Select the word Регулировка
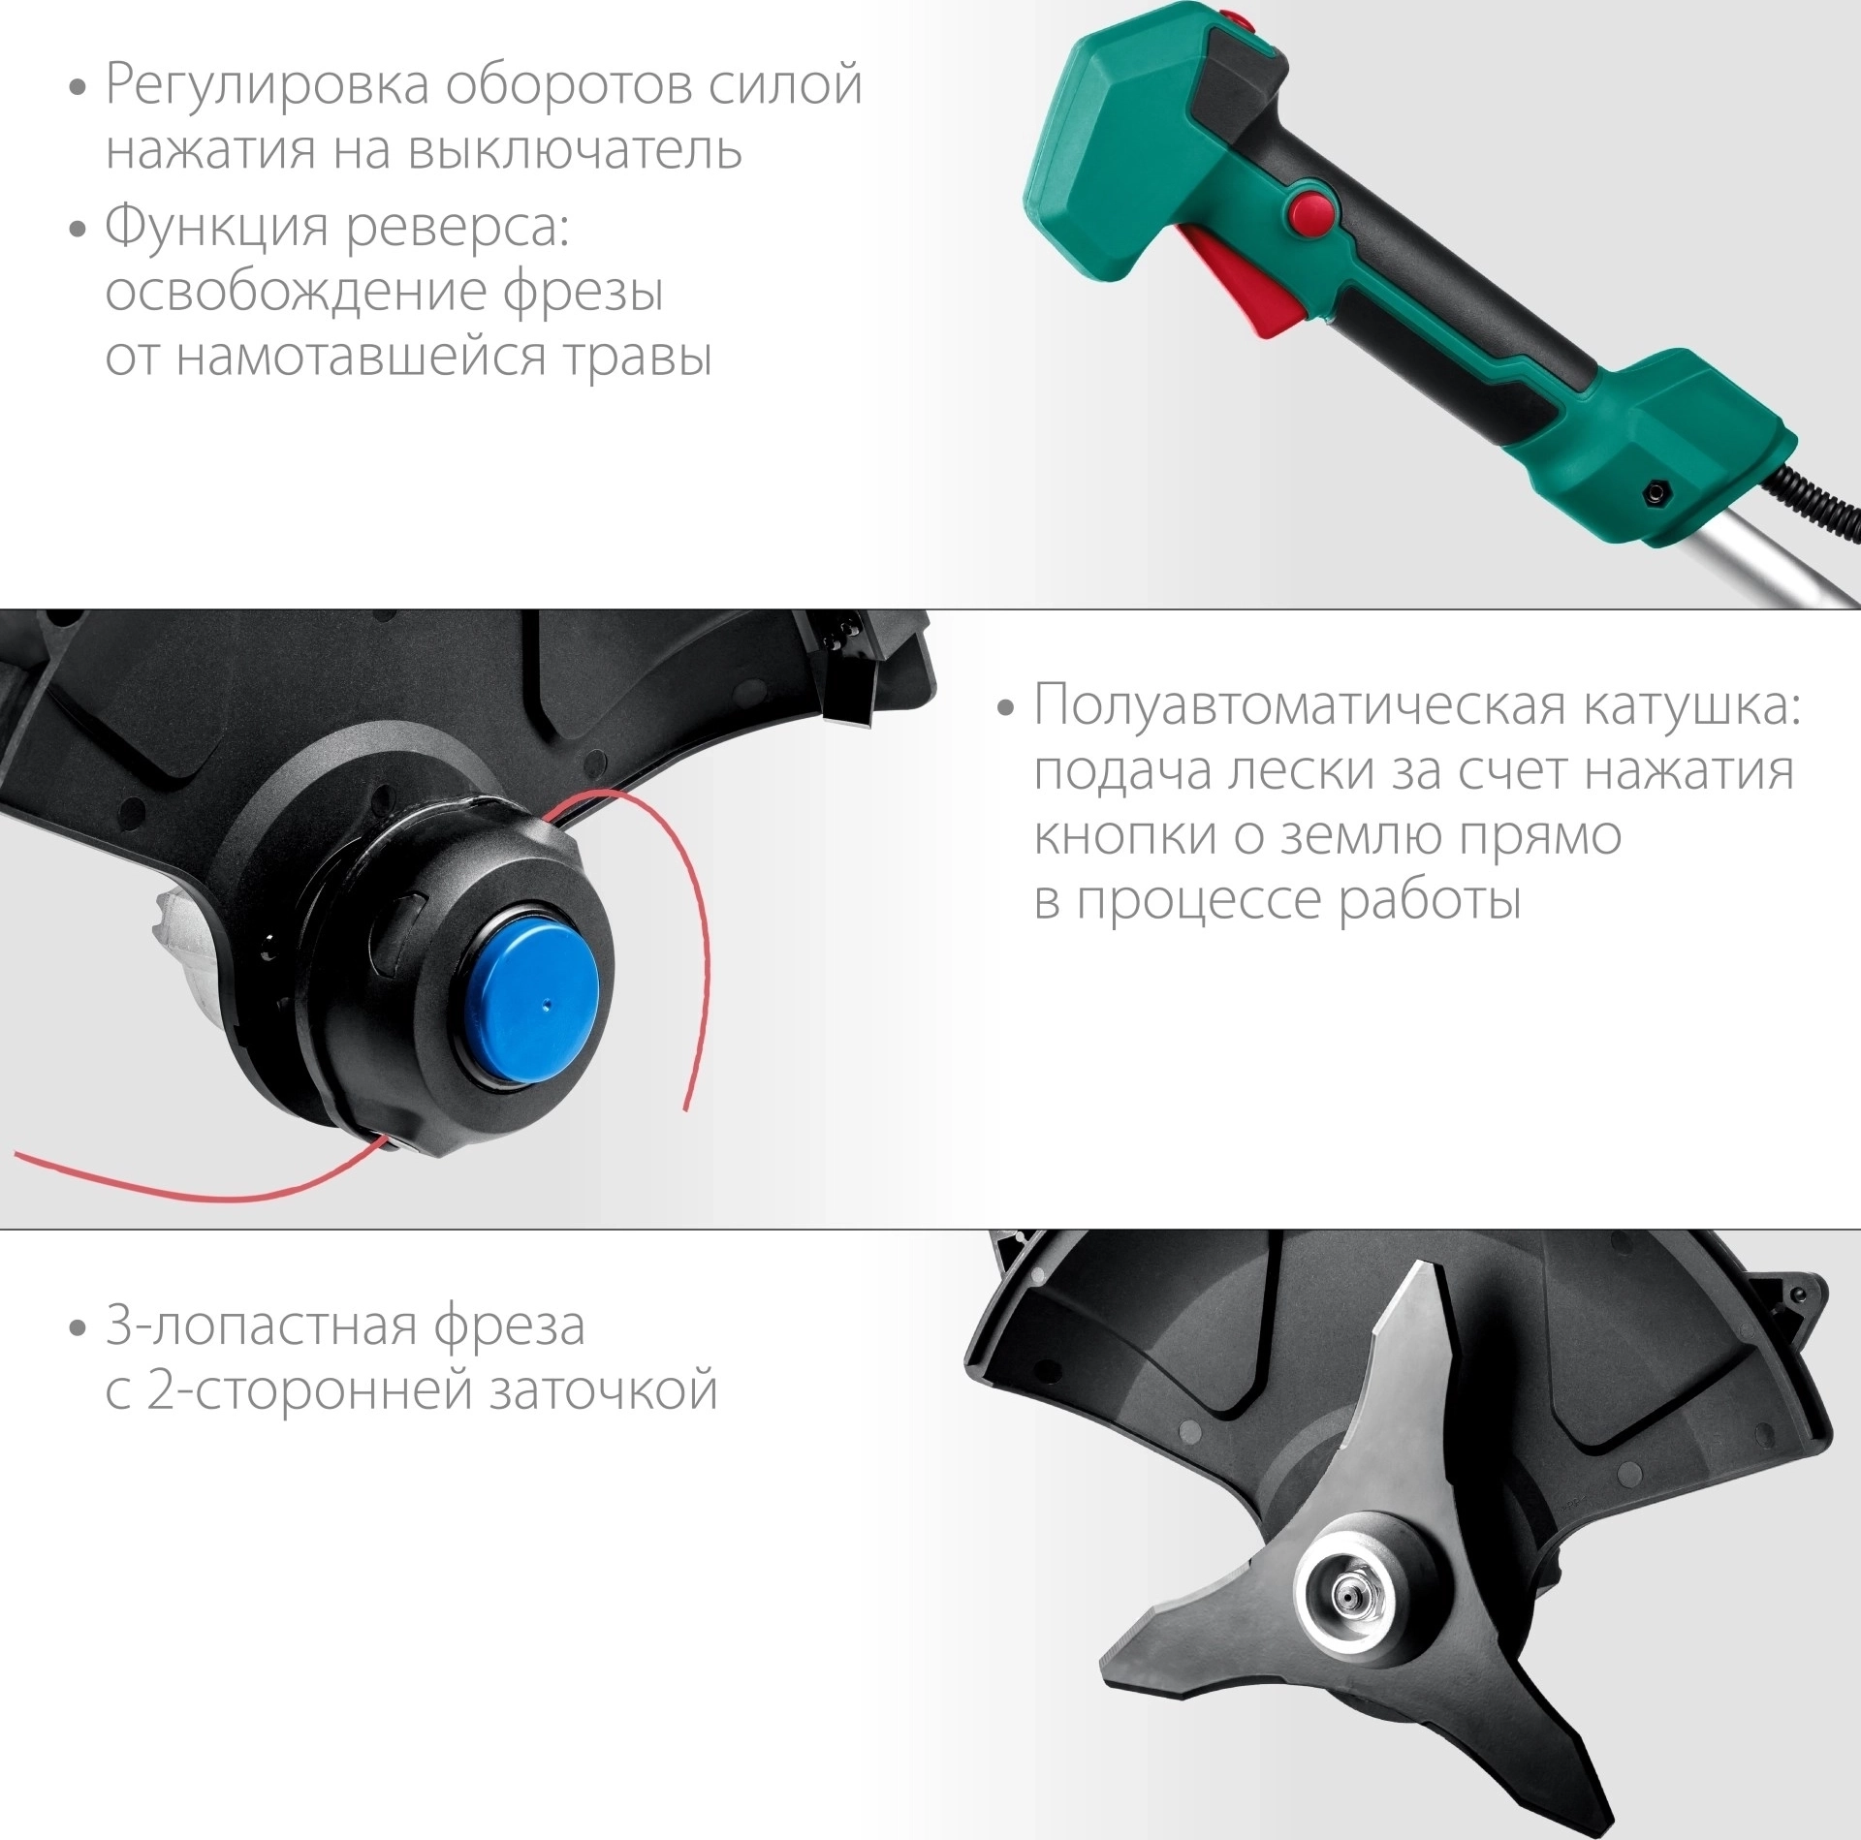(268, 86)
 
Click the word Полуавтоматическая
(1300, 707)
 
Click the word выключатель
(573, 151)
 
